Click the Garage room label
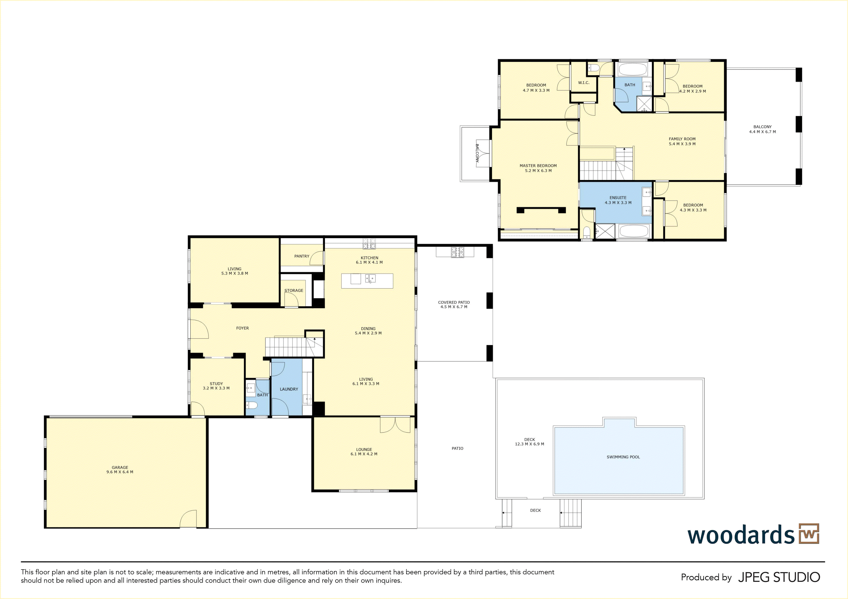[120, 468]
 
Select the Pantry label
[302, 256]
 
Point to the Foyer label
[242, 328]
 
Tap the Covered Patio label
[454, 302]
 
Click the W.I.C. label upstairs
[584, 83]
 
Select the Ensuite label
[618, 198]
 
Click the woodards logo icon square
[809, 534]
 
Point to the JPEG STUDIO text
[779, 577]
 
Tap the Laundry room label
[289, 389]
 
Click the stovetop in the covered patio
[457, 252]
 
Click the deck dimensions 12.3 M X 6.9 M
[529, 444]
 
